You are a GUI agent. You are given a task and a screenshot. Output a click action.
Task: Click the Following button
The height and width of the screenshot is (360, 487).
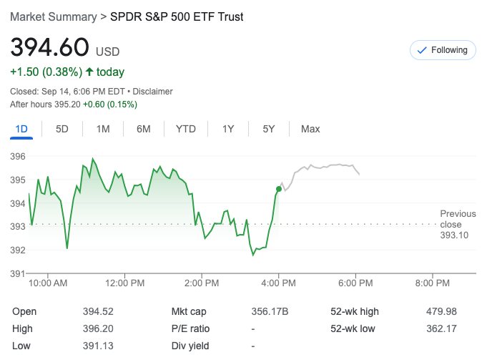443,50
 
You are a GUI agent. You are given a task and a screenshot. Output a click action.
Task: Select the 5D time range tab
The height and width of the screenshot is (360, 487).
62,129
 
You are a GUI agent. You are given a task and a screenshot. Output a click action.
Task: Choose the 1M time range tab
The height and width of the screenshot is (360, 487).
103,129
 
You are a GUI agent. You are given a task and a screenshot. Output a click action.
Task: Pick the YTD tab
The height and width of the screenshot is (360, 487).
186,129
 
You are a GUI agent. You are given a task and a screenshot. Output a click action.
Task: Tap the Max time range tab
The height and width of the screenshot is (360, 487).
310,129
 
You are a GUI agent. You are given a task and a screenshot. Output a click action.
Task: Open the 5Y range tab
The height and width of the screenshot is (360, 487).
269,129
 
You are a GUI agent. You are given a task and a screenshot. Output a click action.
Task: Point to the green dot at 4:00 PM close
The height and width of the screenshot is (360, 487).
278,189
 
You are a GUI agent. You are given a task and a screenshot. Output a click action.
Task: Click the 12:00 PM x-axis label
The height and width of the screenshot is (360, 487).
124,283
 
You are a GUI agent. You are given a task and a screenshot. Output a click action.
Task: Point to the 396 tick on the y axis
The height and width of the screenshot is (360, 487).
18,156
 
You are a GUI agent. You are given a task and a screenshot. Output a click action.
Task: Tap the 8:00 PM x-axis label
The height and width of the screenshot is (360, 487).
433,283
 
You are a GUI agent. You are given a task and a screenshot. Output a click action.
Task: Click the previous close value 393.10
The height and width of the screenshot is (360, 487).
454,235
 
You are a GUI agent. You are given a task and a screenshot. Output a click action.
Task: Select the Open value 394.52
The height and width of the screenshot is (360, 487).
98,311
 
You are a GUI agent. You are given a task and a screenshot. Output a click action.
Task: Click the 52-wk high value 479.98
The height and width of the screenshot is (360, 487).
441,311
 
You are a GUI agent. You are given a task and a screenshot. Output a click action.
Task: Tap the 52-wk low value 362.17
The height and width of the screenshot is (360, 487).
441,329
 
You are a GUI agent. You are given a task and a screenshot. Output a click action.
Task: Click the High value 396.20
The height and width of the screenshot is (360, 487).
98,329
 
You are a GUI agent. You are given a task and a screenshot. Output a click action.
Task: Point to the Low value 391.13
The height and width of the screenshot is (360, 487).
98,346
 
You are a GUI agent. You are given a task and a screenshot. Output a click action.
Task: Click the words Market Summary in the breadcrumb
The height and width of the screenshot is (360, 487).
54,16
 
